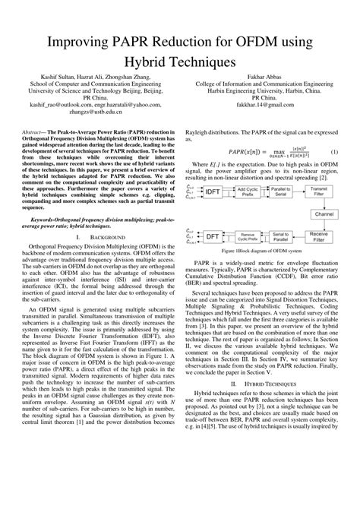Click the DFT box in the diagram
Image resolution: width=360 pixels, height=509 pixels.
pyautogui.click(x=212, y=239)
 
